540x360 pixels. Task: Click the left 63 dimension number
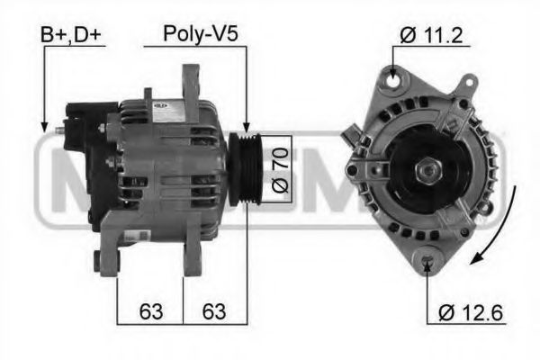[x=151, y=312]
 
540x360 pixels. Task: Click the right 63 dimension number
[x=213, y=312]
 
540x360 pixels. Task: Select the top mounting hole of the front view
[x=394, y=82]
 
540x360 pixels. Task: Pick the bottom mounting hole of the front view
[x=427, y=261]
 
